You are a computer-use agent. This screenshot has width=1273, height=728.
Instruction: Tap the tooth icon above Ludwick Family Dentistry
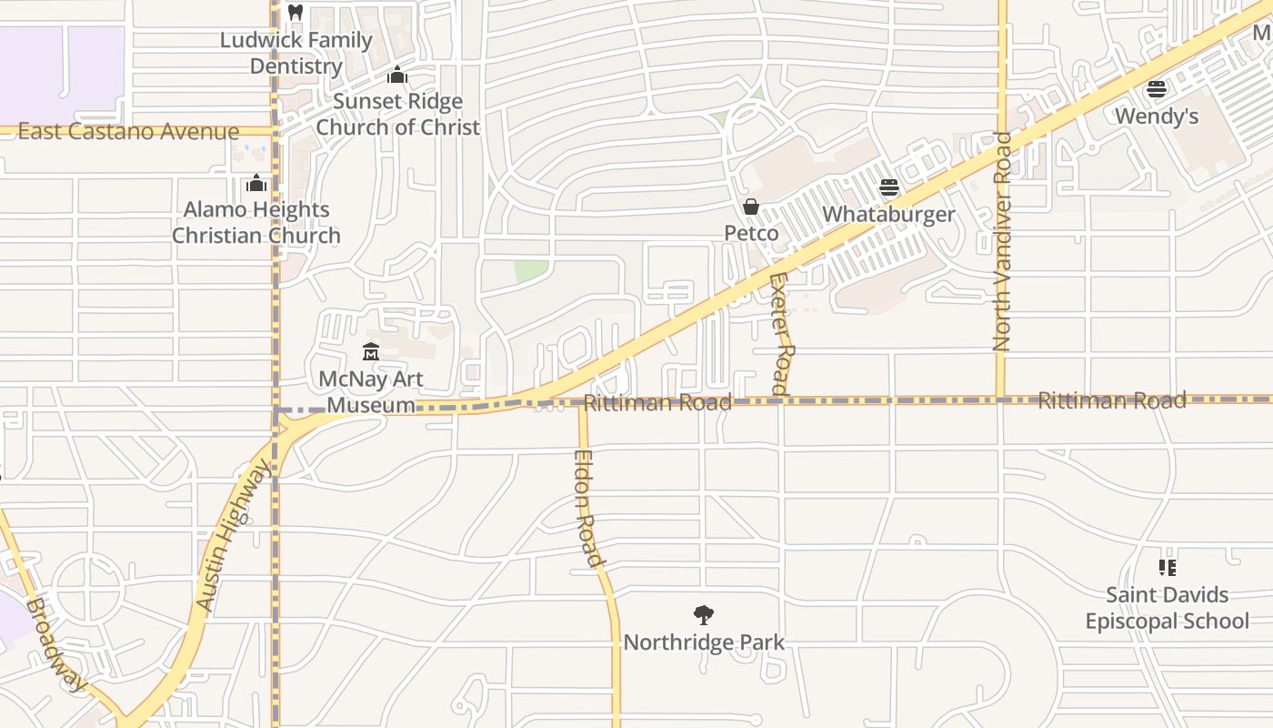tap(295, 13)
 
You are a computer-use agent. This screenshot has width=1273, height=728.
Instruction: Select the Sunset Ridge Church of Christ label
tap(397, 114)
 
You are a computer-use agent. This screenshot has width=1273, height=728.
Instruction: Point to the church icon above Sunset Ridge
tap(396, 75)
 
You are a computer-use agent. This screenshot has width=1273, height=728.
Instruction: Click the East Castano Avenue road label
tap(128, 132)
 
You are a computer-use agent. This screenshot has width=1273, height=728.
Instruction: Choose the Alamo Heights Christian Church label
tap(256, 222)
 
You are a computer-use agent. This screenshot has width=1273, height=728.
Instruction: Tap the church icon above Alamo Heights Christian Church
tap(256, 183)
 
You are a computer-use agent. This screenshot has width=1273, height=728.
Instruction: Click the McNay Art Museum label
tap(370, 392)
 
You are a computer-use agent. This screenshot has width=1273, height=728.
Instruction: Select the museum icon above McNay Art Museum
tap(370, 351)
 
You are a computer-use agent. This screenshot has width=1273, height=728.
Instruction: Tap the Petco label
tap(751, 233)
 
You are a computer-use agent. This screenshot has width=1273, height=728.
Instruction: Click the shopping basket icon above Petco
tap(751, 207)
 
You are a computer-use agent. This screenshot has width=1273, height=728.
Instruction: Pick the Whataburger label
tap(888, 214)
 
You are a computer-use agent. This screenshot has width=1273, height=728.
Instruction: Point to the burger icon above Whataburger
tap(888, 187)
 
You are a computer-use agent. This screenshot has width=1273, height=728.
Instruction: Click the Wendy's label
tap(1157, 116)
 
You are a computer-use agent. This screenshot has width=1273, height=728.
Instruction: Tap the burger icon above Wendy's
tap(1157, 89)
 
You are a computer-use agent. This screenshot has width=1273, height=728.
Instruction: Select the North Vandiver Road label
tap(1002, 242)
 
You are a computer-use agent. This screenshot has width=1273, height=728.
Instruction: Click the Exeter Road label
tap(781, 333)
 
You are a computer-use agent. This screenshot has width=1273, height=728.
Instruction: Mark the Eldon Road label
tap(587, 509)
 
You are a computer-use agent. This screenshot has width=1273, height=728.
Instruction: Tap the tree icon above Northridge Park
tap(703, 615)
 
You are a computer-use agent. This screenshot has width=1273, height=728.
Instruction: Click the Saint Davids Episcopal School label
tap(1168, 608)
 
